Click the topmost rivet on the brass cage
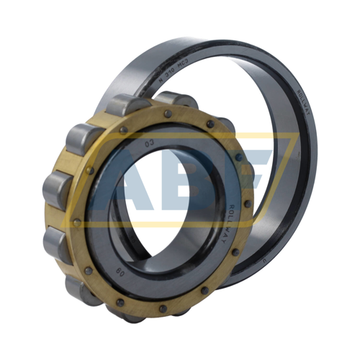(167, 113)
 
